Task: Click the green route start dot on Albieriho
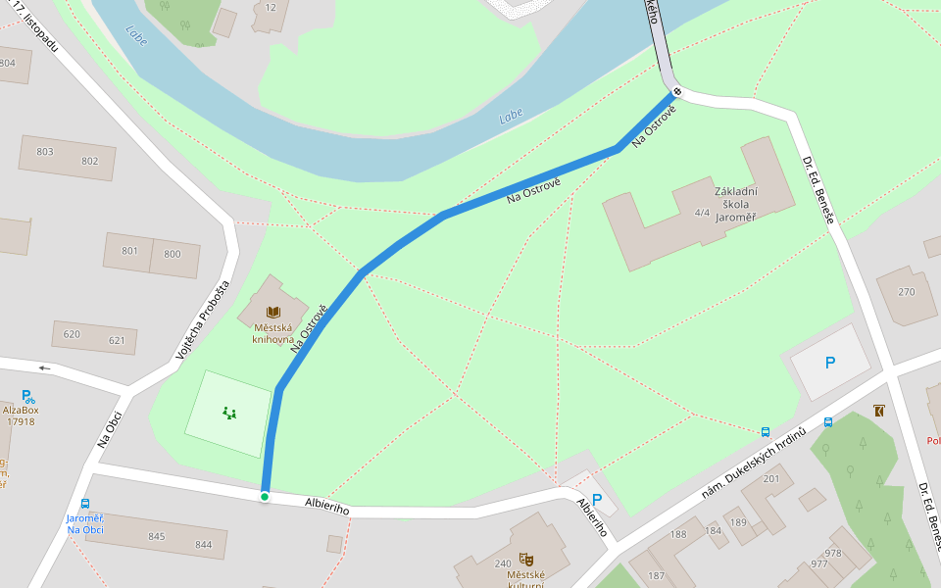tap(264, 497)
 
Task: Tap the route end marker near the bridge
tap(676, 92)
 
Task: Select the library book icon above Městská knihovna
tap(272, 312)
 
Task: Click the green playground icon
tap(229, 413)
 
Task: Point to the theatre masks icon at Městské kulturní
tap(525, 558)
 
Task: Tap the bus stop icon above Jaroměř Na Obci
tap(85, 504)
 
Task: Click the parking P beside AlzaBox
tap(28, 397)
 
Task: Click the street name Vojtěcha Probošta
tap(202, 319)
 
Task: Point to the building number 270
tap(906, 292)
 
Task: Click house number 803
tap(44, 152)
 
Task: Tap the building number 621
tap(117, 341)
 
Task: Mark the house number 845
tap(157, 536)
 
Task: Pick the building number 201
tap(770, 478)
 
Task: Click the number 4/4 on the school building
tap(701, 212)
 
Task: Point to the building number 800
tap(173, 255)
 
